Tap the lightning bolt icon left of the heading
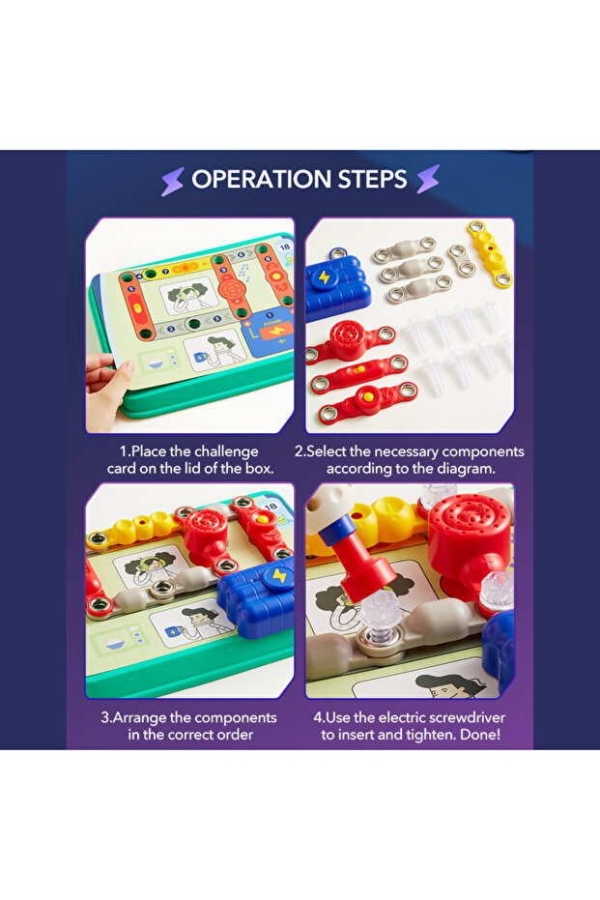173,180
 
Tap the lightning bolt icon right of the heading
427,180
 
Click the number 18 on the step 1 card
283,247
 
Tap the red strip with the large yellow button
368,398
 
